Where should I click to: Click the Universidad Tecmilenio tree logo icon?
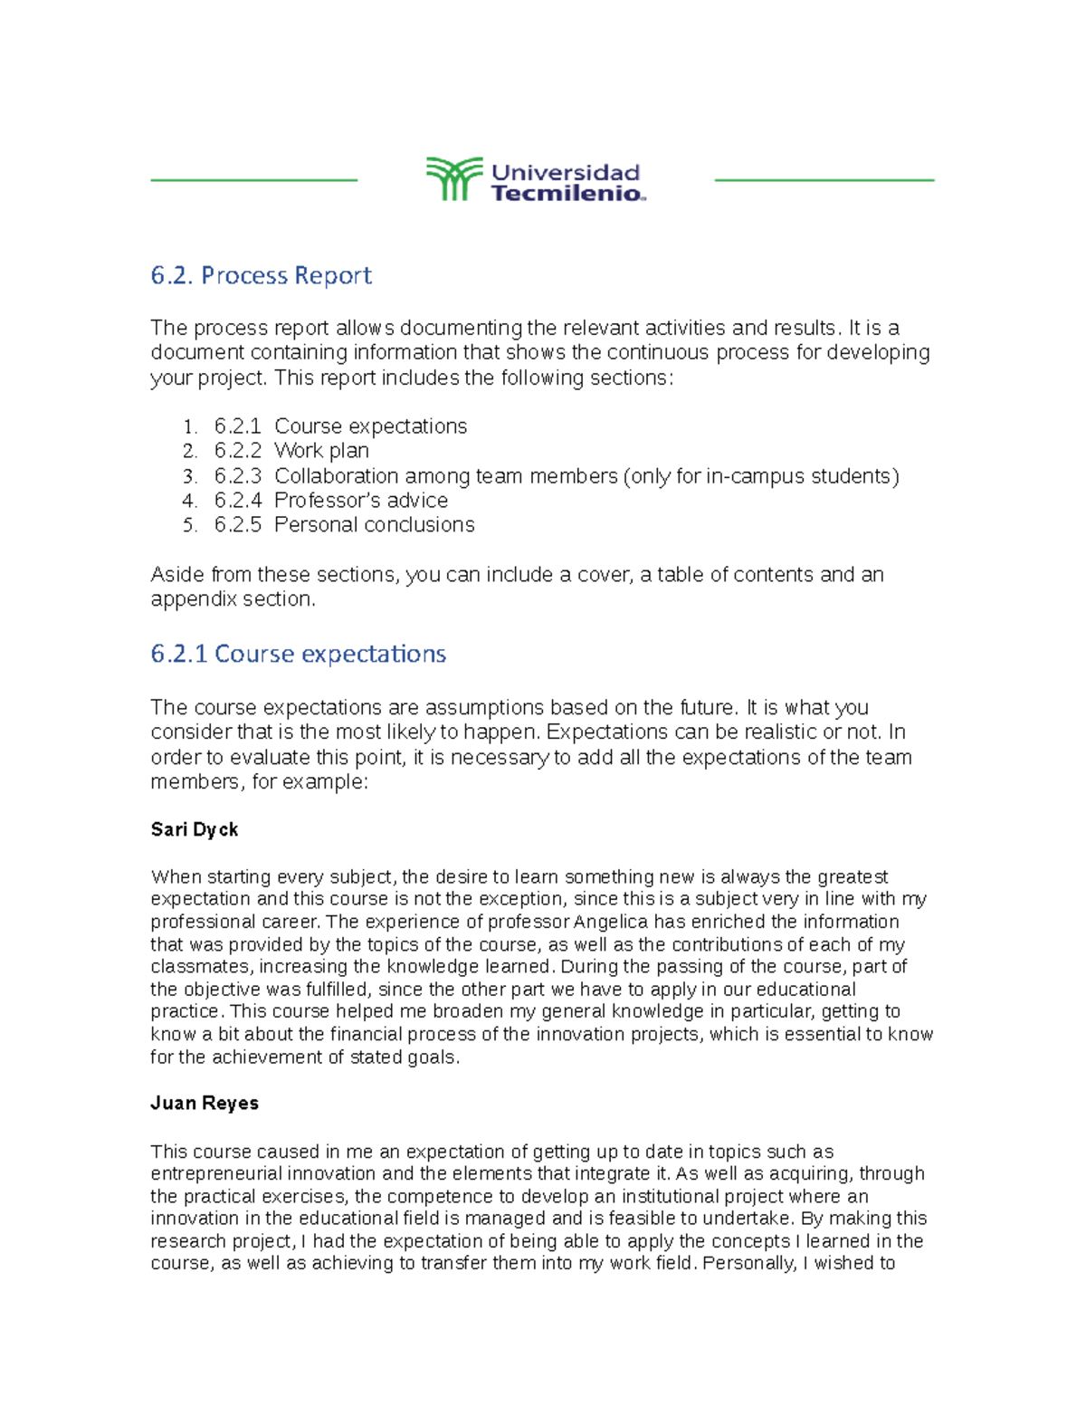pos(453,179)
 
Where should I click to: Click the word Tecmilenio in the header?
pos(567,193)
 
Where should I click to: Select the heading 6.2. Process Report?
pos(261,275)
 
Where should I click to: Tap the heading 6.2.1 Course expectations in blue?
pos(298,654)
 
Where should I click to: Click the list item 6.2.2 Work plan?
pos(291,451)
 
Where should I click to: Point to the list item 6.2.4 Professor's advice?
pos(330,501)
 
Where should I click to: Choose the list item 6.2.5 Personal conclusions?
pos(344,525)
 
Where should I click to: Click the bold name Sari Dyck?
pos(195,829)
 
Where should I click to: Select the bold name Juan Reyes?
pos(205,1103)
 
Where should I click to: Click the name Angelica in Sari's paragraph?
pos(612,922)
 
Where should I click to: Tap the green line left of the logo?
pos(253,180)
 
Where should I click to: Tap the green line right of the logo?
pos(824,180)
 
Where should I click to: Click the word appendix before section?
pos(186,599)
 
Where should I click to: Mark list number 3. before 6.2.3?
pos(189,476)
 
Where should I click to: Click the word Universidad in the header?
pos(566,172)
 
